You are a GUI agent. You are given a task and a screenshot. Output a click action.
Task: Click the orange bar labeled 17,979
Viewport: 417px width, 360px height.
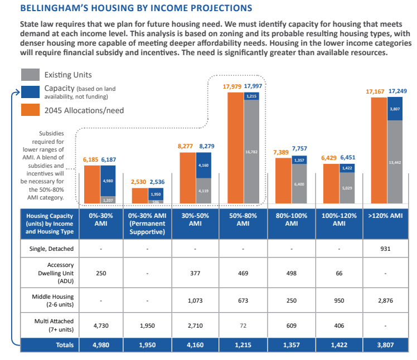point(235,148)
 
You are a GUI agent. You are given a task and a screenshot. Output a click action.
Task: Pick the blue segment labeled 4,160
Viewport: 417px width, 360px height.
point(203,166)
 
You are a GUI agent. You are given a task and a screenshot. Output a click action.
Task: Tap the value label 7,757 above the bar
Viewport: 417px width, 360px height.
point(299,149)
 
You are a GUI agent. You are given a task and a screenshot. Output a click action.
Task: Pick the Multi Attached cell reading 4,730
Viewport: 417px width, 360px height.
point(100,324)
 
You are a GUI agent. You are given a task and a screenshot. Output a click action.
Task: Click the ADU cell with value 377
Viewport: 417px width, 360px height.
point(195,274)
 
